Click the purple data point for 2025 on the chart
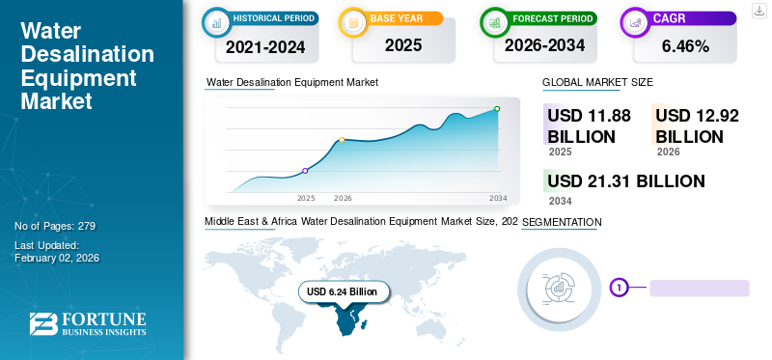(306, 171)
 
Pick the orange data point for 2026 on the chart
(342, 140)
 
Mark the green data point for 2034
(497, 109)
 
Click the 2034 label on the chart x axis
(498, 198)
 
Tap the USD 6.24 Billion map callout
(344, 291)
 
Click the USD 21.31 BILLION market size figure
(625, 181)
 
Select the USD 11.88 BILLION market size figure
(589, 125)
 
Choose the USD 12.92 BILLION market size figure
(697, 125)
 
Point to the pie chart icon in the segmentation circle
(561, 286)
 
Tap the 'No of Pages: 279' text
(55, 226)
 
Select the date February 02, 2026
(57, 258)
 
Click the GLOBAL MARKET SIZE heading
(597, 83)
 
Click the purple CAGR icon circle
(637, 21)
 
